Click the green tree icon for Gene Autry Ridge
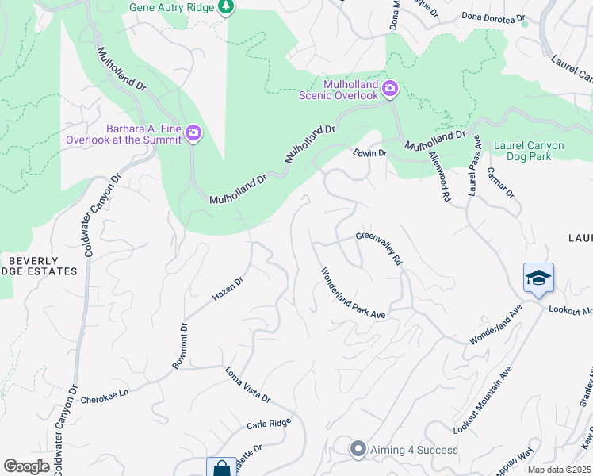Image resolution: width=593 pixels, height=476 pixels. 228,6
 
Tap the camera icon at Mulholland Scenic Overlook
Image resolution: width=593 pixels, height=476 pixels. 389,88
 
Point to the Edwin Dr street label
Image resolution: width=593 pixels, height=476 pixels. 369,153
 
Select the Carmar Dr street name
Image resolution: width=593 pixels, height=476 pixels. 501,182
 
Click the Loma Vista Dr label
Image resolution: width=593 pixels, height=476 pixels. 247,384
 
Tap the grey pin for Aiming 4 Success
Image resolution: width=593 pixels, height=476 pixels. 358,450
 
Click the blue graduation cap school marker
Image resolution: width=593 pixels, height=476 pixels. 538,278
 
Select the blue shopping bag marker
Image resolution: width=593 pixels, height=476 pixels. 221,468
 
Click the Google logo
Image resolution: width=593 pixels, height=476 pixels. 26,466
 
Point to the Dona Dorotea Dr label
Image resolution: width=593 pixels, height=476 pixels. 494,17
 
